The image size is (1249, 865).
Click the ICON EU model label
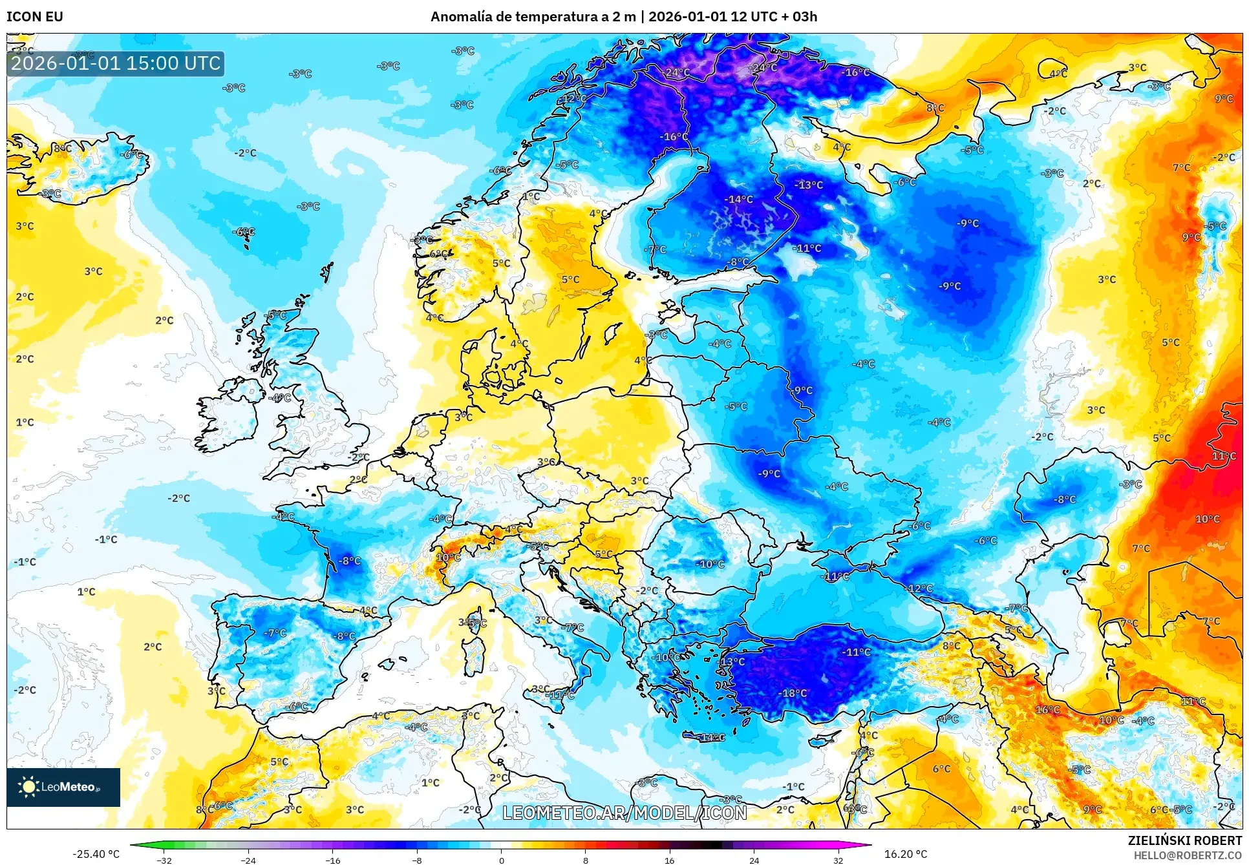pyautogui.click(x=34, y=17)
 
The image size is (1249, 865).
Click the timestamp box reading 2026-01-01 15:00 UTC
pyautogui.click(x=116, y=63)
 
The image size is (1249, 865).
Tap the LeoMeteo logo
pyautogui.click(x=63, y=787)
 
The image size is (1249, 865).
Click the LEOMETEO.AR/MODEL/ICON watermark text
pyautogui.click(x=624, y=813)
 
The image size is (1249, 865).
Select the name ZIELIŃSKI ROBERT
pyautogui.click(x=1184, y=840)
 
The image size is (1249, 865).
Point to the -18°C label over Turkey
pyautogui.click(x=794, y=693)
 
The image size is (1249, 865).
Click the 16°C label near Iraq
pyautogui.click(x=1047, y=709)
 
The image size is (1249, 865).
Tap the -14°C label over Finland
pyautogui.click(x=738, y=200)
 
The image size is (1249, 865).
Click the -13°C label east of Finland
pyautogui.click(x=809, y=185)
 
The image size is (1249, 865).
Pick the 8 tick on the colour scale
pyautogui.click(x=585, y=860)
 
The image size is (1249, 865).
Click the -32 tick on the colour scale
pyautogui.click(x=164, y=860)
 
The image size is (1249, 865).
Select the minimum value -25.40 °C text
pyautogui.click(x=96, y=854)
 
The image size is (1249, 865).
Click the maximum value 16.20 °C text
pyautogui.click(x=905, y=854)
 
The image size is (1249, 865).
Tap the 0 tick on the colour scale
pyautogui.click(x=501, y=860)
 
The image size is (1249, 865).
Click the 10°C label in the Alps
pyautogui.click(x=448, y=557)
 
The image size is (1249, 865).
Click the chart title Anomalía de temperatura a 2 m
pyautogui.click(x=533, y=17)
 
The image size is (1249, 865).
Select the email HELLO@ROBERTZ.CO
pyautogui.click(x=1188, y=855)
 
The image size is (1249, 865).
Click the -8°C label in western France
pyautogui.click(x=350, y=561)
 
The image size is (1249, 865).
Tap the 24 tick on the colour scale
pyautogui.click(x=754, y=860)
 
